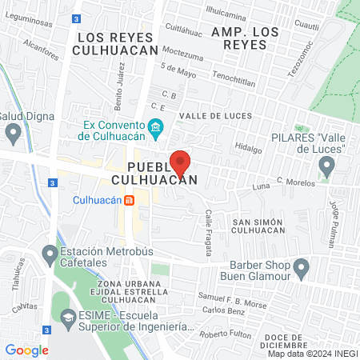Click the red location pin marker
point(181,162)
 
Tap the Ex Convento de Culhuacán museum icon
point(156,126)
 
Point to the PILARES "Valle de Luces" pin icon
point(326,166)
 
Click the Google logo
point(26,350)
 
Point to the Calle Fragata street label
point(209,233)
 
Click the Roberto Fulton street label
point(225,334)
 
